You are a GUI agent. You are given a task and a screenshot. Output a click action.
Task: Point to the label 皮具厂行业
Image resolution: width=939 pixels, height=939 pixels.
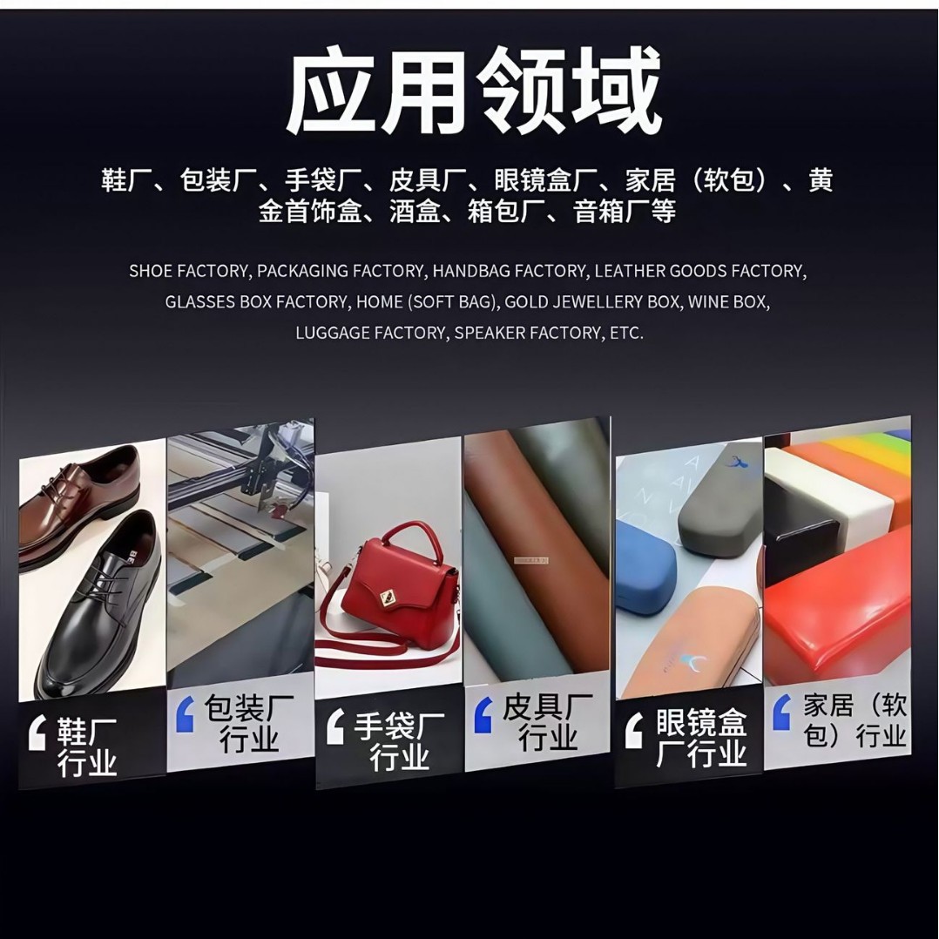click(x=548, y=723)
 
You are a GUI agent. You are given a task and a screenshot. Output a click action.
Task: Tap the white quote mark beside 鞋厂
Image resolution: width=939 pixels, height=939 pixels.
click(x=37, y=733)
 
